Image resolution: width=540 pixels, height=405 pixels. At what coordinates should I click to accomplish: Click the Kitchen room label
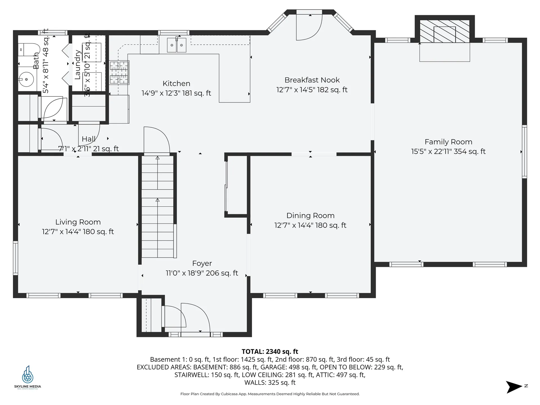pyautogui.click(x=176, y=84)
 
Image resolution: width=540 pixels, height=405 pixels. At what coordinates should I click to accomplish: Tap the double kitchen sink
pyautogui.click(x=177, y=45)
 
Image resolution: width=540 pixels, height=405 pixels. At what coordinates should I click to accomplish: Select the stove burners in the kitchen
pyautogui.click(x=119, y=73)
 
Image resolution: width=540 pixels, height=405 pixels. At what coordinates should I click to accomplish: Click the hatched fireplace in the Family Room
pyautogui.click(x=444, y=31)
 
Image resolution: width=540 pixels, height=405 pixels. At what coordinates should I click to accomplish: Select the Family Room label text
pyautogui.click(x=448, y=142)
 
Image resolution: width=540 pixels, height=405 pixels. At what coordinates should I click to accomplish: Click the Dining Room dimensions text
pyautogui.click(x=310, y=225)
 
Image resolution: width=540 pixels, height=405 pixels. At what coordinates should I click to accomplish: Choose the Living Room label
pyautogui.click(x=78, y=222)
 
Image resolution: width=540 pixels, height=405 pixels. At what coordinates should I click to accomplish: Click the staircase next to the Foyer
pyautogui.click(x=157, y=207)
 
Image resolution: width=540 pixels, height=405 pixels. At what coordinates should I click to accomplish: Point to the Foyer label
pyautogui.click(x=202, y=263)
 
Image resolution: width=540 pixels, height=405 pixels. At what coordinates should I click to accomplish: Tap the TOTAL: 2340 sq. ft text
pyautogui.click(x=270, y=352)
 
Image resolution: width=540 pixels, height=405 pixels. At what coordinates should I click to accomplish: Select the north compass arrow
pyautogui.click(x=514, y=387)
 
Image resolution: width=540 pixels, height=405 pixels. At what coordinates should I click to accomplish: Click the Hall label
pyautogui.click(x=89, y=139)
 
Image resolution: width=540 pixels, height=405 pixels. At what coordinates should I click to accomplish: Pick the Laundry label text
pyautogui.click(x=77, y=65)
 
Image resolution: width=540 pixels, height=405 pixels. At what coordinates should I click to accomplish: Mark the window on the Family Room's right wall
pyautogui.click(x=524, y=152)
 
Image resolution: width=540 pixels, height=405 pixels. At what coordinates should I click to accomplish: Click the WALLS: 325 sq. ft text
pyautogui.click(x=270, y=382)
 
